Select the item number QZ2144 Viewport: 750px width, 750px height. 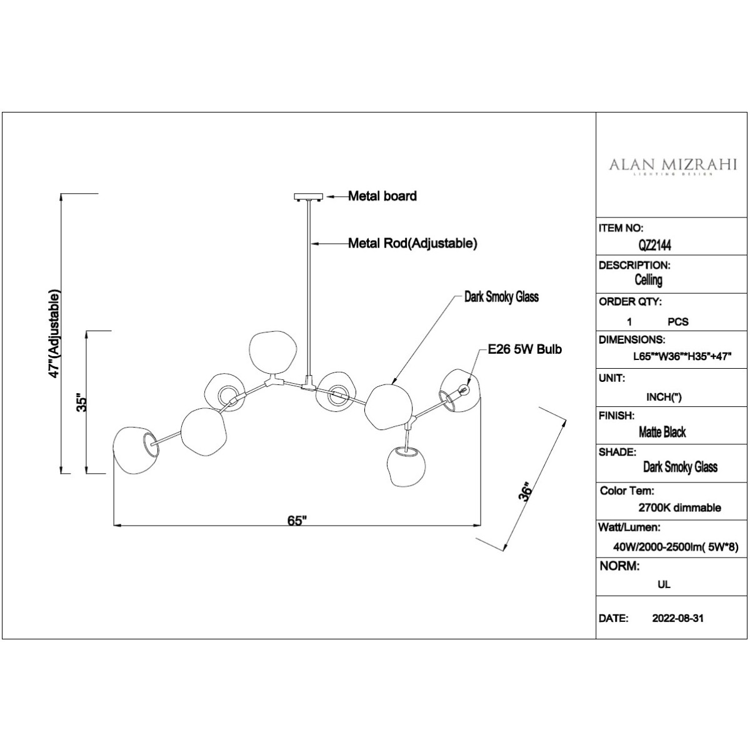[x=654, y=245]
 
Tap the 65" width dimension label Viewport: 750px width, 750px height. [x=297, y=521]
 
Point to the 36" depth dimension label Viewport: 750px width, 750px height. [x=526, y=492]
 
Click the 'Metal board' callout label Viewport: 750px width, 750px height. [x=382, y=196]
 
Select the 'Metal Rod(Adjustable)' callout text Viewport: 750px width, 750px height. [x=412, y=243]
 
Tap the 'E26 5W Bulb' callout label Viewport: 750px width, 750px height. [x=525, y=349]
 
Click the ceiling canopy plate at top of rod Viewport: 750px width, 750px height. [x=309, y=197]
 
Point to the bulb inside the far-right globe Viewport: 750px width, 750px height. [x=464, y=388]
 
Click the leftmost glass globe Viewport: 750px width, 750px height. [x=136, y=450]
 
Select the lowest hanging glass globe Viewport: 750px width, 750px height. [x=406, y=466]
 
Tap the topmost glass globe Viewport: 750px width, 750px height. [x=273, y=352]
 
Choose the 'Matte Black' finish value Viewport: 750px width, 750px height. [x=662, y=432]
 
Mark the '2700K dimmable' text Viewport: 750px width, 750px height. [x=679, y=507]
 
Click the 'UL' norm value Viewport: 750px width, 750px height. [x=664, y=584]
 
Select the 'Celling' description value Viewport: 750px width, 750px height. [x=648, y=280]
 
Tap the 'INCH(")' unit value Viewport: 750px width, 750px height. [x=664, y=397]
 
